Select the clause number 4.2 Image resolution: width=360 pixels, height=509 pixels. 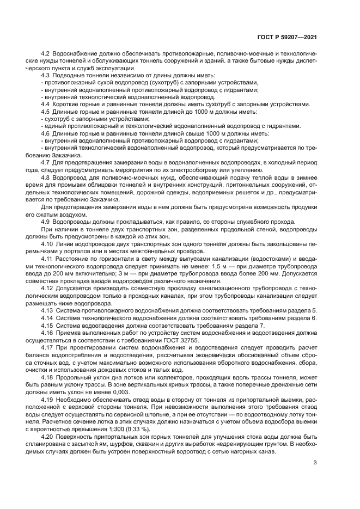pyautogui.click(x=46, y=54)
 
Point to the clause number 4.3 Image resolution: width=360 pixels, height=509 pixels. pyautogui.click(x=46, y=76)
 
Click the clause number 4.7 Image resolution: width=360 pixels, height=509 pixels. pyautogui.click(x=46, y=161)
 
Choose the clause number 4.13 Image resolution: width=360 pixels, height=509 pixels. pyautogui.click(x=47, y=310)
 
